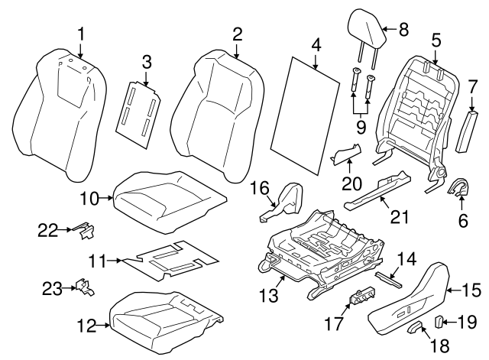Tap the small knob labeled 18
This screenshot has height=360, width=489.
click(x=416, y=329)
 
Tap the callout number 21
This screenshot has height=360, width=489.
click(x=395, y=218)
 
